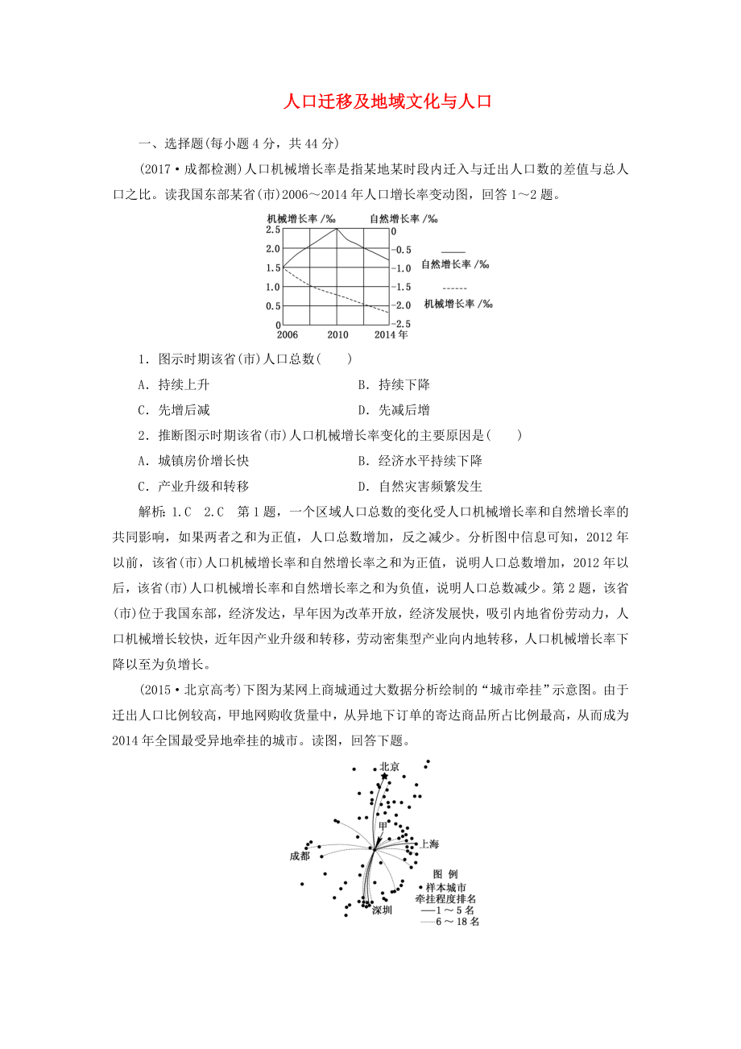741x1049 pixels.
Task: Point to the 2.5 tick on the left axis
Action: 273,230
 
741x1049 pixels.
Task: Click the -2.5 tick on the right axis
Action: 401,323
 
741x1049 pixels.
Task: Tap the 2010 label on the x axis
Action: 337,334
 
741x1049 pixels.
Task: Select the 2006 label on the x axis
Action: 287,334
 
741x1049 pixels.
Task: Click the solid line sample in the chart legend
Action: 453,251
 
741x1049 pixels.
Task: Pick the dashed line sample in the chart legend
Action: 455,288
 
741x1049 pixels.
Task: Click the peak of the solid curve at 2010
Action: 337,229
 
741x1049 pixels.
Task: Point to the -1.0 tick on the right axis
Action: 401,267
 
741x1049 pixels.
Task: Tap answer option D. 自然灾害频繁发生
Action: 420,486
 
